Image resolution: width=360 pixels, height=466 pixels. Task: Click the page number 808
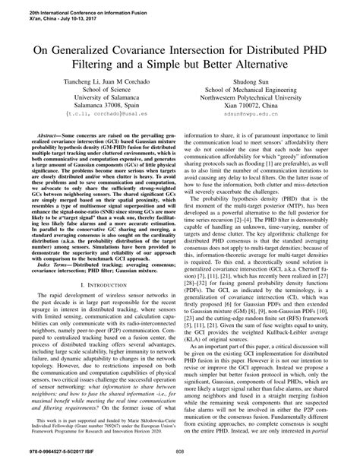[180, 455]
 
